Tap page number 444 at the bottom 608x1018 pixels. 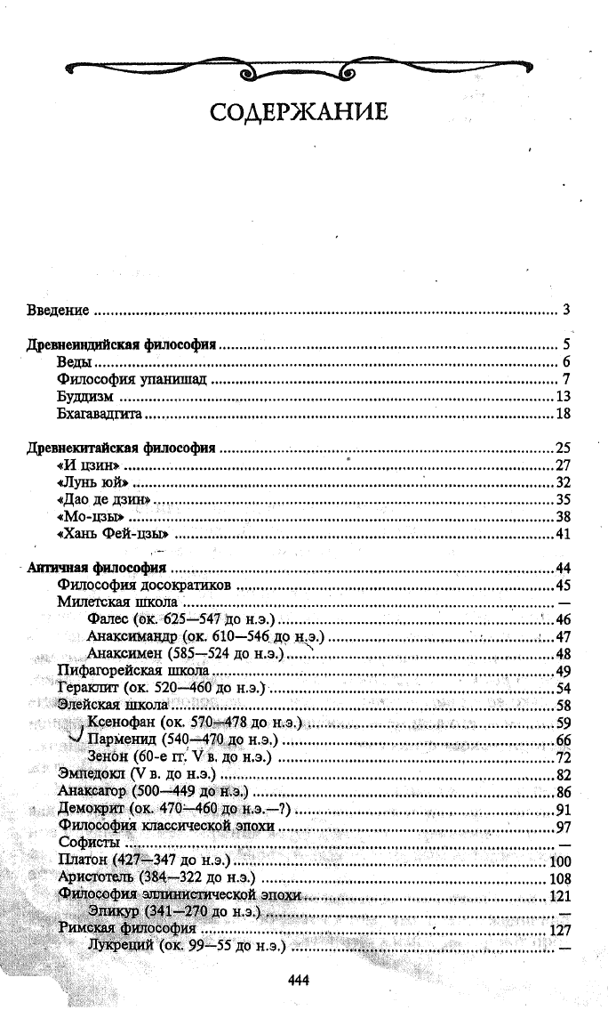(298, 980)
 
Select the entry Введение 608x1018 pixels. (57, 311)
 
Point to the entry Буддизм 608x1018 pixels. (83, 397)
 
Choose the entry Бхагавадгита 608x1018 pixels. (100, 414)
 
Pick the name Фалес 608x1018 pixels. (109, 619)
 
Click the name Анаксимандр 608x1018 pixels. (132, 637)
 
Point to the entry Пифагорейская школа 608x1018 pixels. (133, 671)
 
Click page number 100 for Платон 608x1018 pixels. (560, 861)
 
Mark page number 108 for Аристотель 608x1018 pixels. (560, 878)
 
